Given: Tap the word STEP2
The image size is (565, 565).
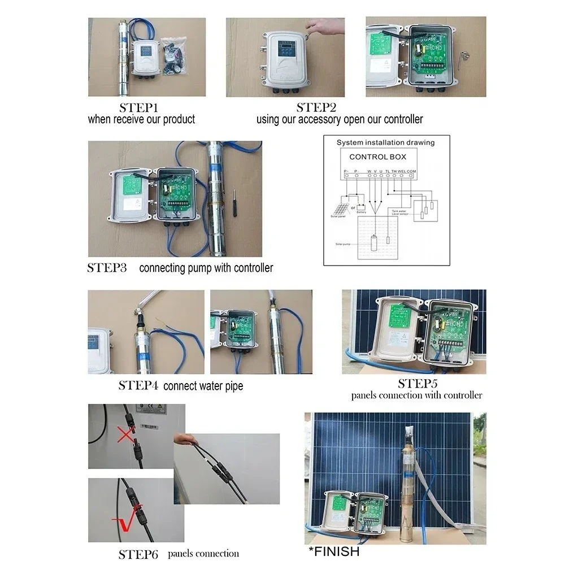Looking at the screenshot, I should tap(316, 107).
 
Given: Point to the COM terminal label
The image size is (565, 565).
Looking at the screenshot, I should tap(412, 171).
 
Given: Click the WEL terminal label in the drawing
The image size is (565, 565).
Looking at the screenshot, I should tap(402, 171).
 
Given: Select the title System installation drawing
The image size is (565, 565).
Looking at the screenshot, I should tap(386, 143).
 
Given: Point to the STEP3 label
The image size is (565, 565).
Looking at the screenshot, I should tap(107, 268).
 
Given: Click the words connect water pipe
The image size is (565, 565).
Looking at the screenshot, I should tap(203, 386).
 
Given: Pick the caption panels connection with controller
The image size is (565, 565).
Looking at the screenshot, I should tap(416, 395).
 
